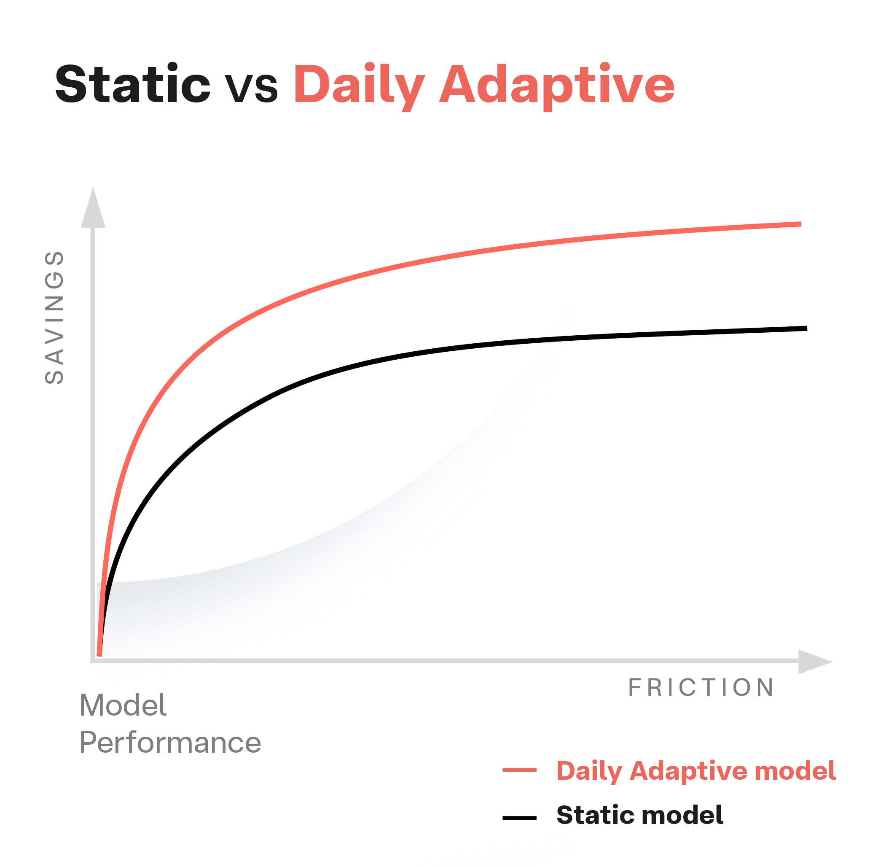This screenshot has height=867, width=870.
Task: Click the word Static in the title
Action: (x=132, y=84)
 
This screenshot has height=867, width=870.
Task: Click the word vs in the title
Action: (x=251, y=86)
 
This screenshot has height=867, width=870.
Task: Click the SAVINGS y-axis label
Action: (x=54, y=318)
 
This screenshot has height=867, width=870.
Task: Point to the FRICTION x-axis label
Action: (x=701, y=687)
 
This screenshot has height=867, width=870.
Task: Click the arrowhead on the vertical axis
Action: (x=93, y=210)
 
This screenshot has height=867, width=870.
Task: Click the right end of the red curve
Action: (x=799, y=224)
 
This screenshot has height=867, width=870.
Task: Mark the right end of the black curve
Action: (x=805, y=329)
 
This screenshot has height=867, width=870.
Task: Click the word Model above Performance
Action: (x=123, y=705)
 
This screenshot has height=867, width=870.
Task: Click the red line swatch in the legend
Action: (x=519, y=770)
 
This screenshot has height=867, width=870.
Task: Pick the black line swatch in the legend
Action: (x=519, y=818)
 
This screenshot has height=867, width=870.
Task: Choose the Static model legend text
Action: (x=639, y=815)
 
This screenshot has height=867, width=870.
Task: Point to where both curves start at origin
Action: (x=99, y=654)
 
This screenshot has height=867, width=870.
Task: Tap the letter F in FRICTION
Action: (x=634, y=687)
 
